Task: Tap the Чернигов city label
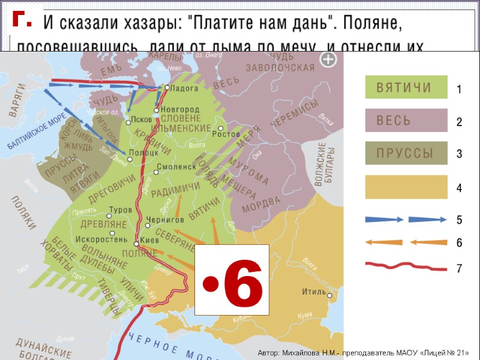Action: (x=169, y=221)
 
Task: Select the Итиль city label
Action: (x=314, y=293)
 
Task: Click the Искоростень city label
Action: (x=101, y=239)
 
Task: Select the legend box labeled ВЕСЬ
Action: (x=406, y=120)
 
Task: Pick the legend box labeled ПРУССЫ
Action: (x=406, y=153)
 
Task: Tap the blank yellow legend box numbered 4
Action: (x=406, y=187)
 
